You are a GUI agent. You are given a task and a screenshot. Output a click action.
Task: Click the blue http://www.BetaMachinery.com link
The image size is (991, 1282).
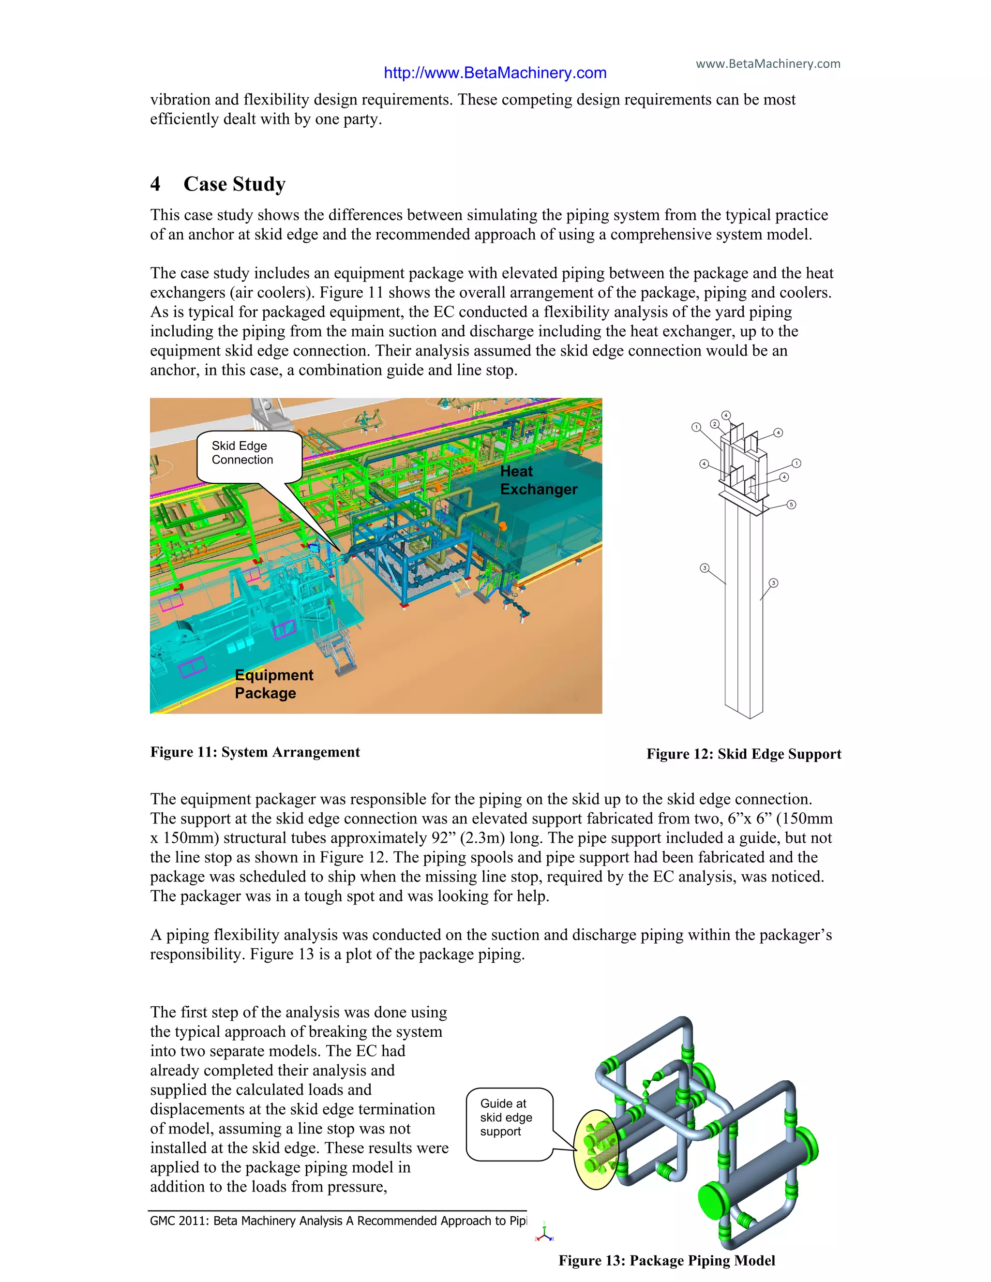[x=495, y=73]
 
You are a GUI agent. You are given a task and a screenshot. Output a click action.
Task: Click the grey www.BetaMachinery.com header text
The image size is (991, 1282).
[x=768, y=63]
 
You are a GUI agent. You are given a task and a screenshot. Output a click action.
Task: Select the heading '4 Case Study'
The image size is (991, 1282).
[x=218, y=184]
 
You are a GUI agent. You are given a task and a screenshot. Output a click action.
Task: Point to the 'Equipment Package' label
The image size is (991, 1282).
[x=273, y=684]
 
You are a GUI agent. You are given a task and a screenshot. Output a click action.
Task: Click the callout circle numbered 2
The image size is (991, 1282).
[x=715, y=424]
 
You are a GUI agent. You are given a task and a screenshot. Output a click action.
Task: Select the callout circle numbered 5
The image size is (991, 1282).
[x=791, y=504]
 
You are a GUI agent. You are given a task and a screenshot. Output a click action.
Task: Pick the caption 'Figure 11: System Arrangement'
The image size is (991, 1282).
[x=255, y=752]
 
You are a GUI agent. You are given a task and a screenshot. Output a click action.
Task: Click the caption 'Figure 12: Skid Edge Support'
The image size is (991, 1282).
[x=743, y=754]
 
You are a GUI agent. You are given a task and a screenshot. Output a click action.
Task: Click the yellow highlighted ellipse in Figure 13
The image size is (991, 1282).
[x=595, y=1149]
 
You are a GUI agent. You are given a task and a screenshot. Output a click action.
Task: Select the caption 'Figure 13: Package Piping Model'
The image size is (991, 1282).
[x=666, y=1260]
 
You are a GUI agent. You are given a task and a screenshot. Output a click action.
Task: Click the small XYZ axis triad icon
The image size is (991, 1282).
[x=545, y=1232]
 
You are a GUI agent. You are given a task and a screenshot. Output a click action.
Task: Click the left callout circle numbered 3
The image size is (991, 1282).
[x=705, y=567]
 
